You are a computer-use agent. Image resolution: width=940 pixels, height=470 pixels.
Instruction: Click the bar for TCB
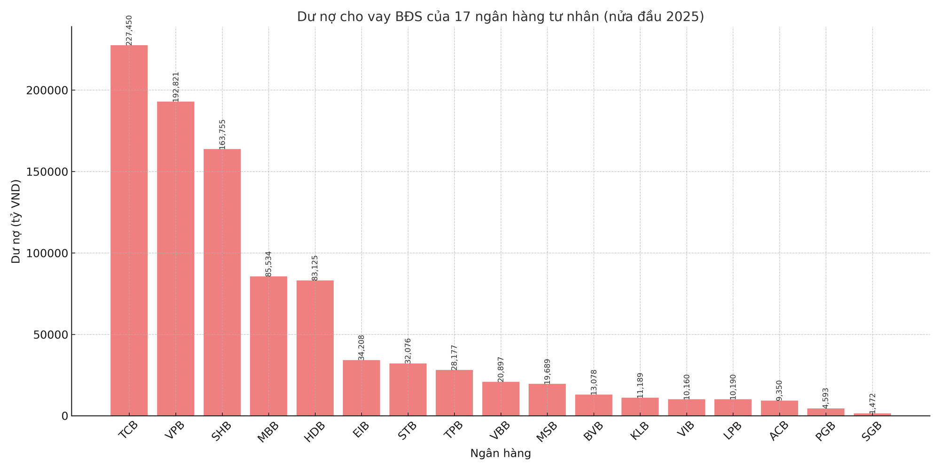click(x=129, y=230)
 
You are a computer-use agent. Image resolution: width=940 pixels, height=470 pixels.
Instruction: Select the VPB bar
click(x=175, y=258)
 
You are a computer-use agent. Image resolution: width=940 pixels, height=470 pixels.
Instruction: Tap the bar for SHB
click(x=222, y=282)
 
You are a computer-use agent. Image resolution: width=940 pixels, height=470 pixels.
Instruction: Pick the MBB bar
click(x=268, y=346)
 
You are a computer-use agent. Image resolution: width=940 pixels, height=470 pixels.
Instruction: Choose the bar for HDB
click(x=315, y=348)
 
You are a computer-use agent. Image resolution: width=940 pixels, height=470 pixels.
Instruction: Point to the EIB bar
click(x=361, y=388)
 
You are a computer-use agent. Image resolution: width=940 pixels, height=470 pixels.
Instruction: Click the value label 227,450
click(x=129, y=31)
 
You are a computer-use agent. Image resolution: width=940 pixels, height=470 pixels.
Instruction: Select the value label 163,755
click(x=222, y=134)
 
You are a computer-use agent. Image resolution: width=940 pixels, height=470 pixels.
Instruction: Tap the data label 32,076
click(x=408, y=351)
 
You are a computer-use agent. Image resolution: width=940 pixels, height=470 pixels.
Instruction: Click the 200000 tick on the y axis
click(x=45, y=90)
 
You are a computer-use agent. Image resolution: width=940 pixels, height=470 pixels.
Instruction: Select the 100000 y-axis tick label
click(x=45, y=253)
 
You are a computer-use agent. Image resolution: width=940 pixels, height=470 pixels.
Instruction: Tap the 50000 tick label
click(x=47, y=335)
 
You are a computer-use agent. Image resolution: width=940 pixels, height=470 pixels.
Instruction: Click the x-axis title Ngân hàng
click(x=501, y=454)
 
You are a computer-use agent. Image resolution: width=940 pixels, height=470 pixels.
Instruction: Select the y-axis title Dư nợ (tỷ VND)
click(x=16, y=221)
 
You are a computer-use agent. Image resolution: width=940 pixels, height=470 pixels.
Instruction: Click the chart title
click(x=501, y=17)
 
